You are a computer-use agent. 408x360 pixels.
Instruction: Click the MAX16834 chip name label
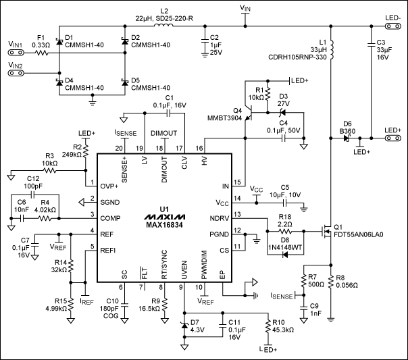pos(166,228)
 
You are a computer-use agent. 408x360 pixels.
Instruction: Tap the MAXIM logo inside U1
pos(166,217)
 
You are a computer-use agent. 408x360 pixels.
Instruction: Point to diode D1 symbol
pos(59,42)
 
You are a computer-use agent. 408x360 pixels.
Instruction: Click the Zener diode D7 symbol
pos(184,326)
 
